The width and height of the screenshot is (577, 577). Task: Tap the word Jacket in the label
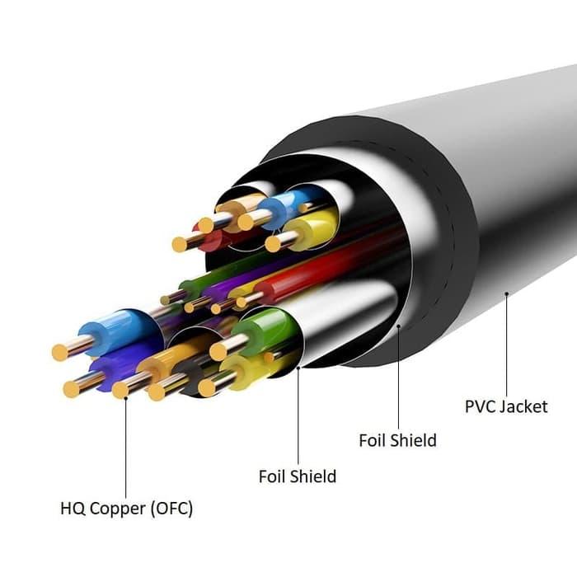pyautogui.click(x=523, y=406)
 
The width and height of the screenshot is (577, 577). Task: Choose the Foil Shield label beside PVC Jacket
pyautogui.click(x=397, y=440)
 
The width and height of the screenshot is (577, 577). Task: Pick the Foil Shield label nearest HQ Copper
pyautogui.click(x=297, y=476)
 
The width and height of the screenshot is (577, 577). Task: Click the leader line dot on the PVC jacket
pyautogui.click(x=505, y=292)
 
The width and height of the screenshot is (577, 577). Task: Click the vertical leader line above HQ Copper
pyautogui.click(x=126, y=445)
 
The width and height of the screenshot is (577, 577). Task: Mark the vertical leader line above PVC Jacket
pyautogui.click(x=505, y=346)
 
